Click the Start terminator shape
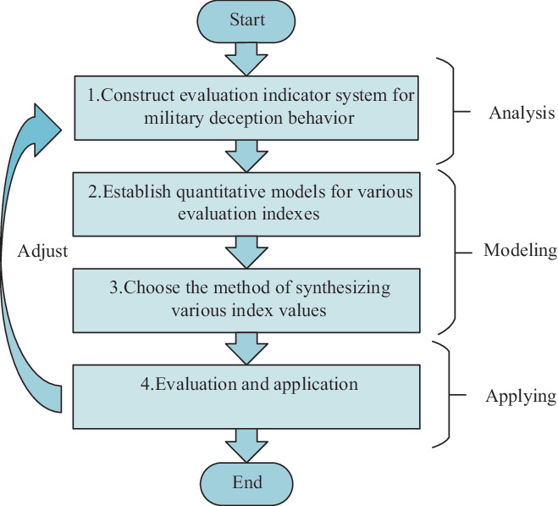pos(246,21)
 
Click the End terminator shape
pos(246,484)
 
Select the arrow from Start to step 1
pos(246,59)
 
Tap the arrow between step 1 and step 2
pos(246,156)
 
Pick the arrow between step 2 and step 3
pos(246,253)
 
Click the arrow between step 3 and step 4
pos(246,348)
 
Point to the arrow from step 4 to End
pos(246,446)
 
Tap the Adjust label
pos(42,252)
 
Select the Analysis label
pos(522,114)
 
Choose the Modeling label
pos(520,251)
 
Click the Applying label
pos(521,397)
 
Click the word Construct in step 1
pos(138,95)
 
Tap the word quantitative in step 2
pos(222,192)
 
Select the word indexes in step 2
pos(290,214)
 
